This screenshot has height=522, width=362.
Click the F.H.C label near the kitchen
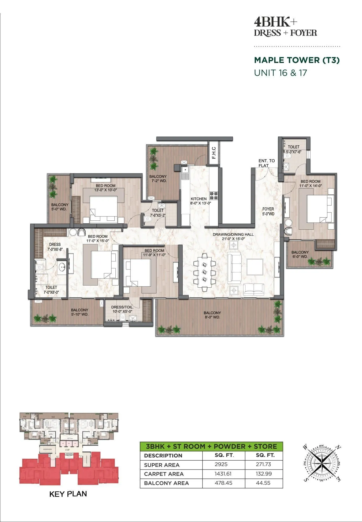pyautogui.click(x=214, y=153)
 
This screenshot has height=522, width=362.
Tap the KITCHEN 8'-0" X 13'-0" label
pyautogui.click(x=201, y=201)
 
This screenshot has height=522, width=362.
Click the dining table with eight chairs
pyautogui.click(x=204, y=272)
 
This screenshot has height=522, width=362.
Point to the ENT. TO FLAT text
pyautogui.click(x=266, y=163)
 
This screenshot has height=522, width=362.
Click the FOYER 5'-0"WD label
pyautogui.click(x=268, y=211)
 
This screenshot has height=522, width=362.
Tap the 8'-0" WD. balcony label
pyautogui.click(x=212, y=315)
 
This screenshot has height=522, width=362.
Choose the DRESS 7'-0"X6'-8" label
pyautogui.click(x=55, y=247)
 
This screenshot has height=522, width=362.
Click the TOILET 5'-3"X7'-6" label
pyautogui.click(x=294, y=149)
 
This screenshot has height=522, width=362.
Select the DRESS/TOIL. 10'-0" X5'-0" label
pyautogui.click(x=122, y=309)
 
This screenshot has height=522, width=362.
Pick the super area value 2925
pyautogui.click(x=221, y=464)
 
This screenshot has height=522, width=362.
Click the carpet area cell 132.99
pyautogui.click(x=264, y=474)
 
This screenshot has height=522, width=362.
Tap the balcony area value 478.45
pyautogui.click(x=223, y=483)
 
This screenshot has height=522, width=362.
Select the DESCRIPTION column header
pyautogui.click(x=163, y=456)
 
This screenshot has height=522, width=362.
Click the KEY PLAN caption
pyautogui.click(x=68, y=494)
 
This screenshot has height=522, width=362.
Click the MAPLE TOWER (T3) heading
pyautogui.click(x=297, y=60)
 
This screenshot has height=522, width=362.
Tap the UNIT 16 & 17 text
pyautogui.click(x=280, y=73)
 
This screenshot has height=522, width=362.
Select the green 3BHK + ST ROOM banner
pyautogui.click(x=211, y=446)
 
